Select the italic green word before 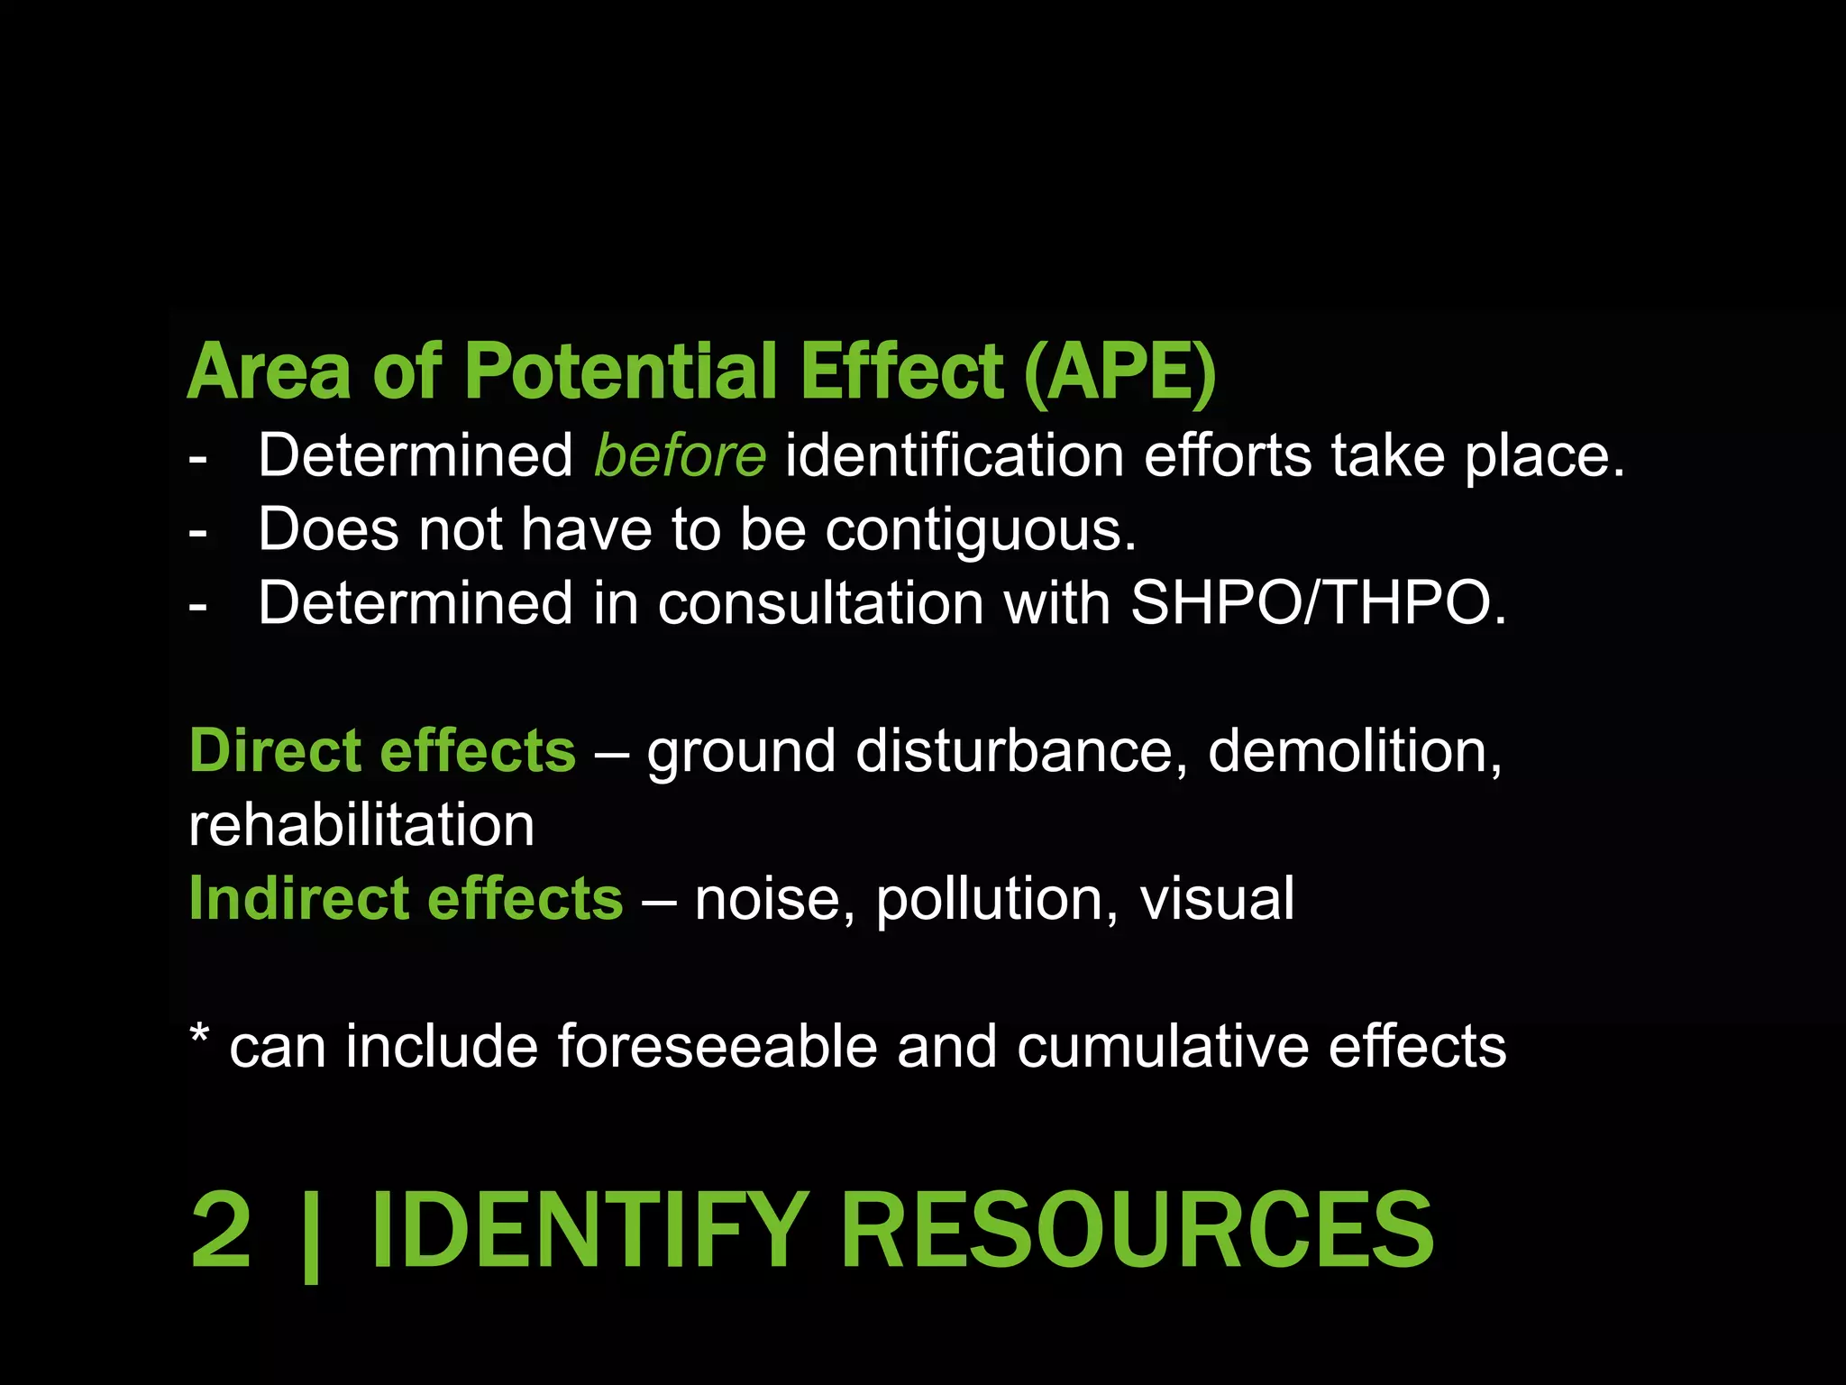click(680, 455)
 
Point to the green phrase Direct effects click(382, 750)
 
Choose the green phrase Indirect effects click(406, 898)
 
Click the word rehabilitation click(361, 825)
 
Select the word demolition click(1354, 750)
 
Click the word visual click(1217, 899)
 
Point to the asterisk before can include click(200, 1035)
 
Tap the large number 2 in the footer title click(222, 1230)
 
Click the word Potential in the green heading click(621, 371)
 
